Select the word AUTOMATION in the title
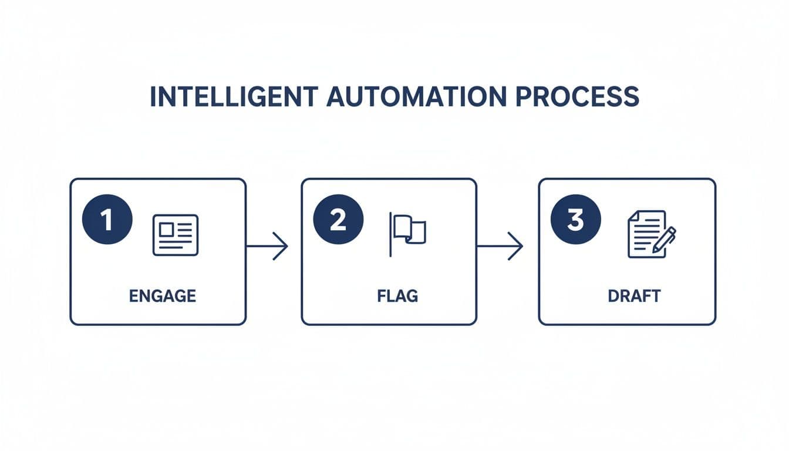click(x=414, y=96)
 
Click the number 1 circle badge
click(x=107, y=220)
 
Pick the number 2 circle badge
click(x=338, y=220)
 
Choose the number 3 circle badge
click(x=575, y=220)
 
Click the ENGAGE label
click(x=163, y=295)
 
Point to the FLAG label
click(x=397, y=295)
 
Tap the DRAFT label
click(x=634, y=295)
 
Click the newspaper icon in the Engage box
click(x=176, y=235)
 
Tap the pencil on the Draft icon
click(x=665, y=240)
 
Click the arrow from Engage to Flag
click(x=267, y=246)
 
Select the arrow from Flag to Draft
click(x=500, y=246)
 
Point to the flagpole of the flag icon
click(x=391, y=234)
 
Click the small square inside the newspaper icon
click(x=165, y=229)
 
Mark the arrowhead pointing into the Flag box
click(x=282, y=246)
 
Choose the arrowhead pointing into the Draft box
click(x=516, y=246)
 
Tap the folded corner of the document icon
click(x=633, y=216)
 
